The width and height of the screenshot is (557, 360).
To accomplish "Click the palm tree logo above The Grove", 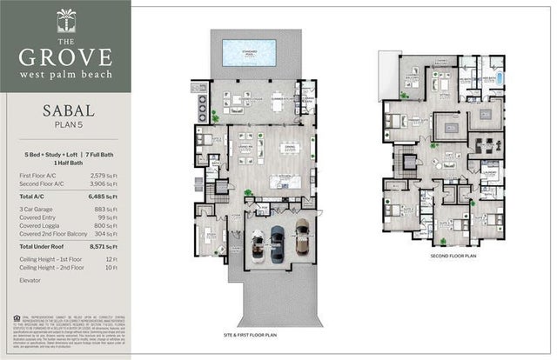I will pyautogui.click(x=66, y=19).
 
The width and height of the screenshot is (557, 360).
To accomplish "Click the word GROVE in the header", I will pyautogui.click(x=66, y=57).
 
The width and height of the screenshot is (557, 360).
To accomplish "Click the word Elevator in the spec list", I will pyautogui.click(x=31, y=280).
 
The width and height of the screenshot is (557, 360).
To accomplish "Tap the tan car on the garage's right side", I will pyautogui.click(x=301, y=237).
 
